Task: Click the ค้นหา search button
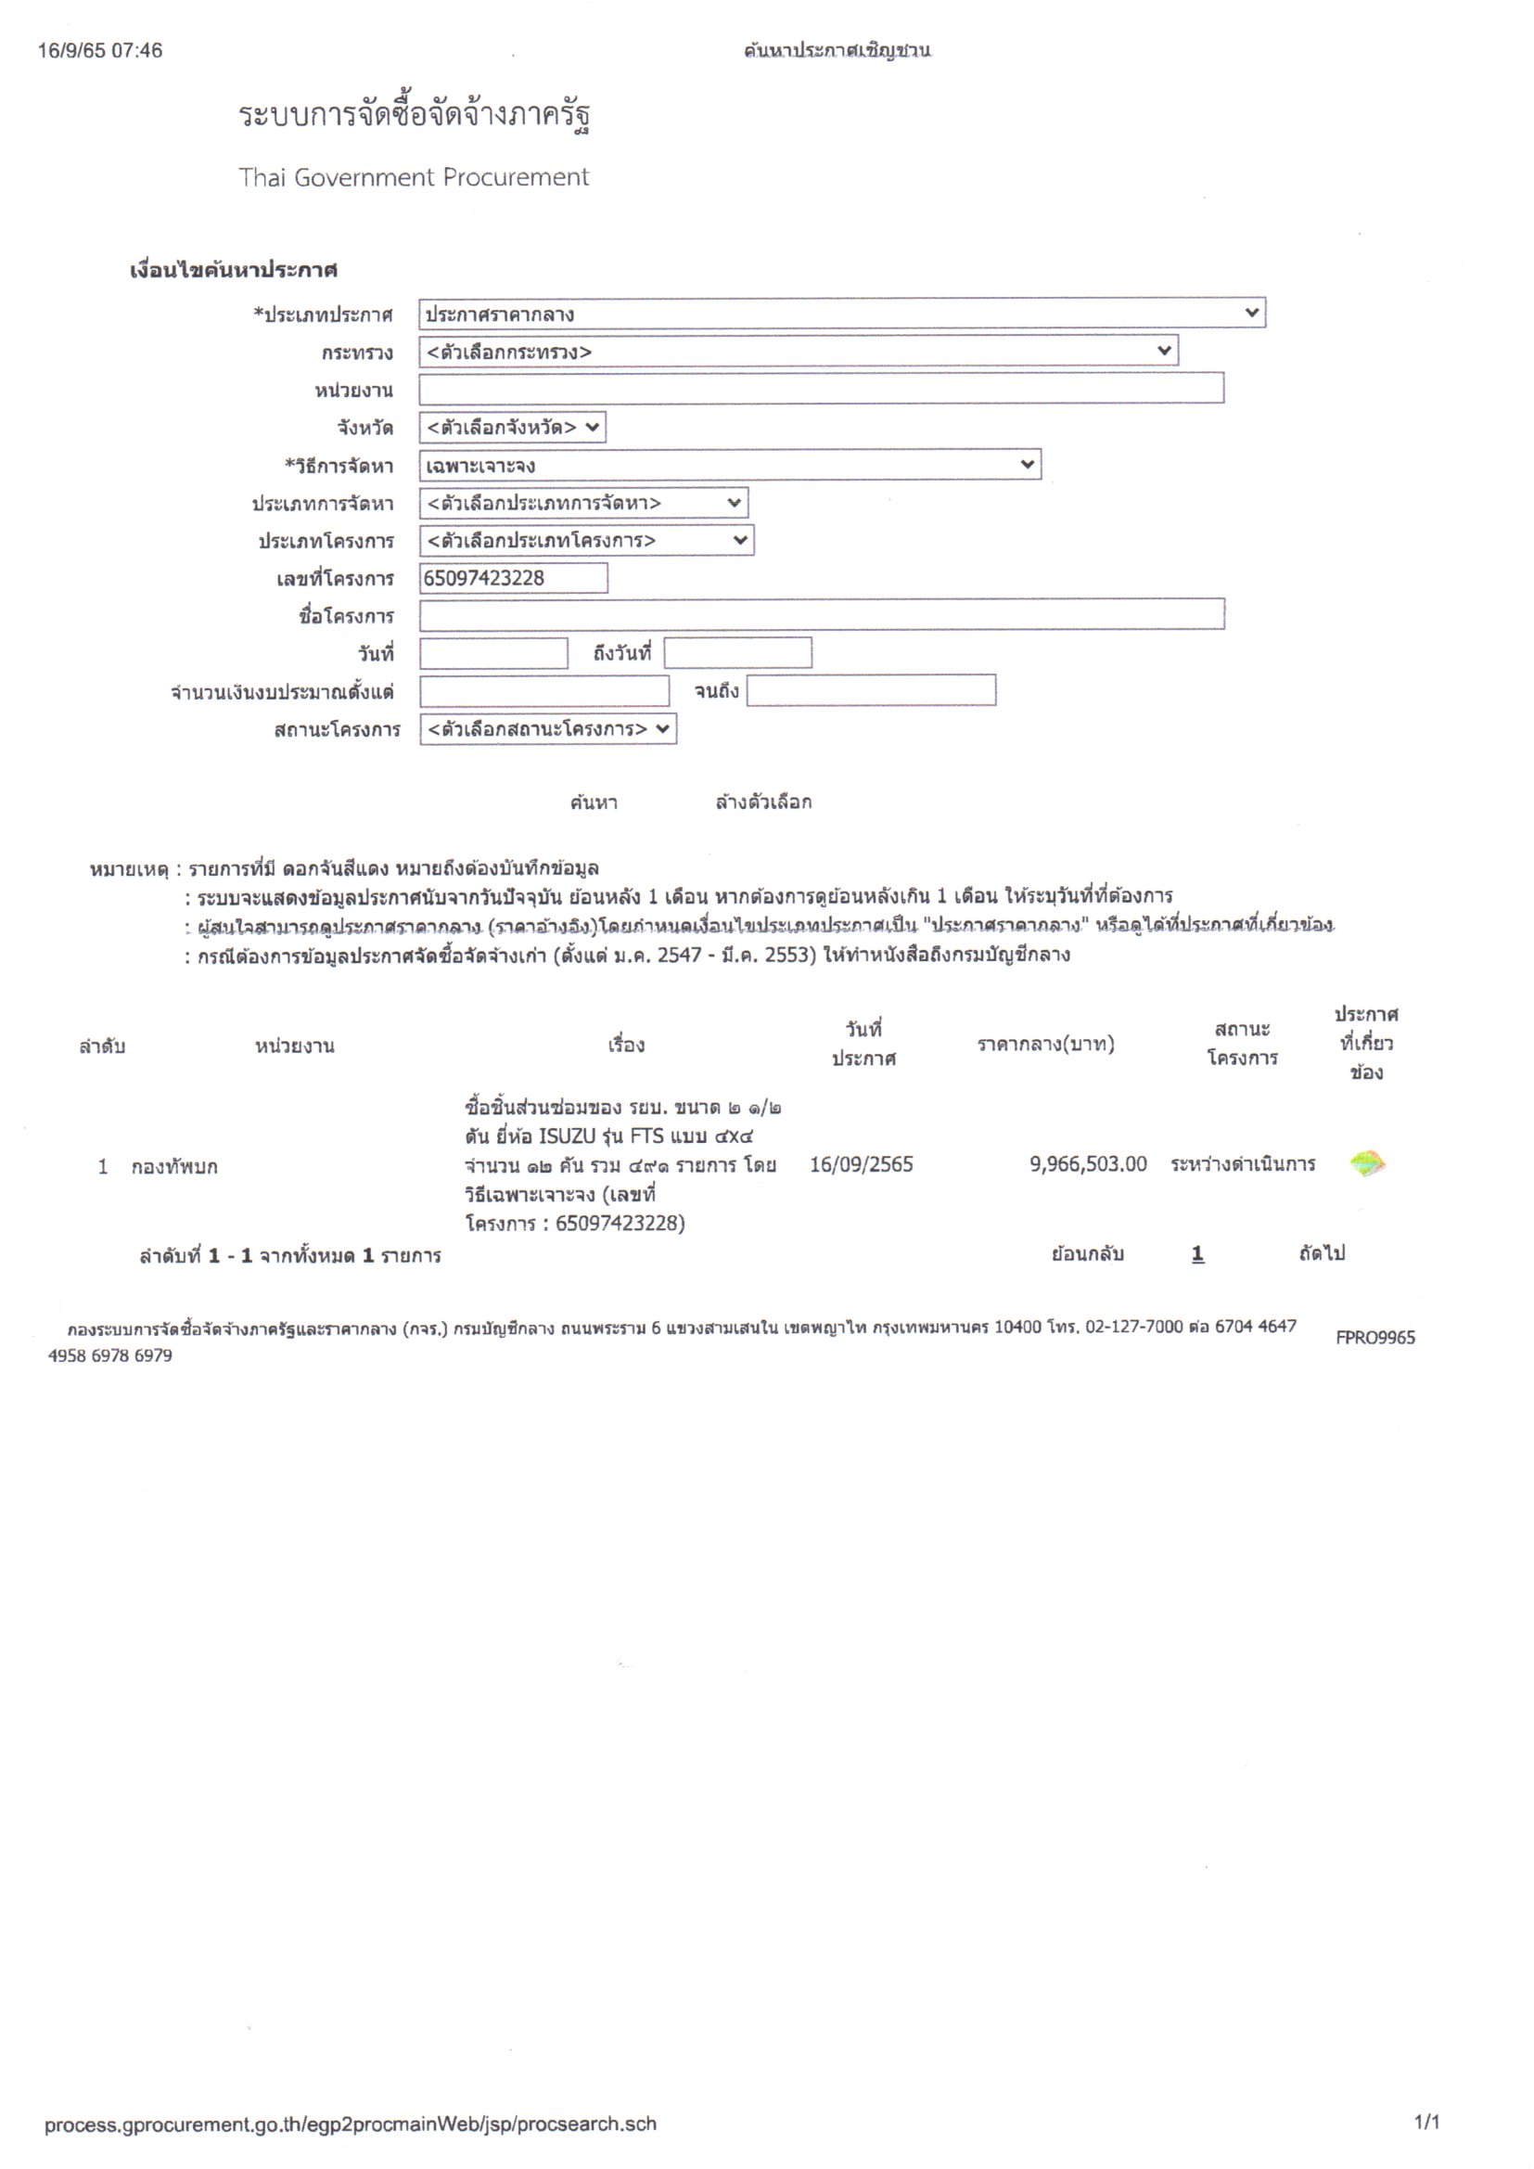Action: [x=594, y=803]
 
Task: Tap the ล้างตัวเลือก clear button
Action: [x=763, y=803]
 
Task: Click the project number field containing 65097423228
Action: [x=513, y=578]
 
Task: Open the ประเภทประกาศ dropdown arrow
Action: [x=1251, y=313]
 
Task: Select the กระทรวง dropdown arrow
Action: [x=1164, y=352]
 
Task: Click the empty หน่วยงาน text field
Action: [x=821, y=389]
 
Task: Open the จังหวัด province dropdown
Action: [x=512, y=427]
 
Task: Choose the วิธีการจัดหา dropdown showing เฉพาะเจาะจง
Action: [x=729, y=465]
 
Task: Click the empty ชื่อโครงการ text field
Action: [x=822, y=615]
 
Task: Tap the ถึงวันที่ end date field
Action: [x=736, y=653]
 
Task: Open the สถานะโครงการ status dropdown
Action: [x=548, y=729]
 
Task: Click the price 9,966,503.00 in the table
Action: [x=1088, y=1164]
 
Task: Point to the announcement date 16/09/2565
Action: [x=862, y=1164]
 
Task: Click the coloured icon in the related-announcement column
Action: [x=1367, y=1164]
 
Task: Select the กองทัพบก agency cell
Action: [x=174, y=1167]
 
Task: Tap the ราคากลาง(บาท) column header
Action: [x=1045, y=1044]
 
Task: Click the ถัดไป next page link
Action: [x=1322, y=1253]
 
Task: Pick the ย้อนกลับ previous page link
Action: [x=1087, y=1253]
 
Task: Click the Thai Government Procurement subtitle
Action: [x=414, y=177]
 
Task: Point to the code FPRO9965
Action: [x=1374, y=1338]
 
